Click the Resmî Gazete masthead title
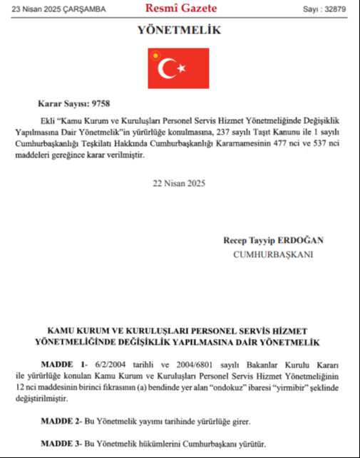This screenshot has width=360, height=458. click(x=180, y=9)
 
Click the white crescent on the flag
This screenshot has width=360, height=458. click(x=170, y=68)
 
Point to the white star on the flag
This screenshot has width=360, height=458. click(x=182, y=68)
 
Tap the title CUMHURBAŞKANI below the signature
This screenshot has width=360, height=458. click(x=273, y=253)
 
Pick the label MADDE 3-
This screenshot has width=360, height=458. click(x=63, y=444)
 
